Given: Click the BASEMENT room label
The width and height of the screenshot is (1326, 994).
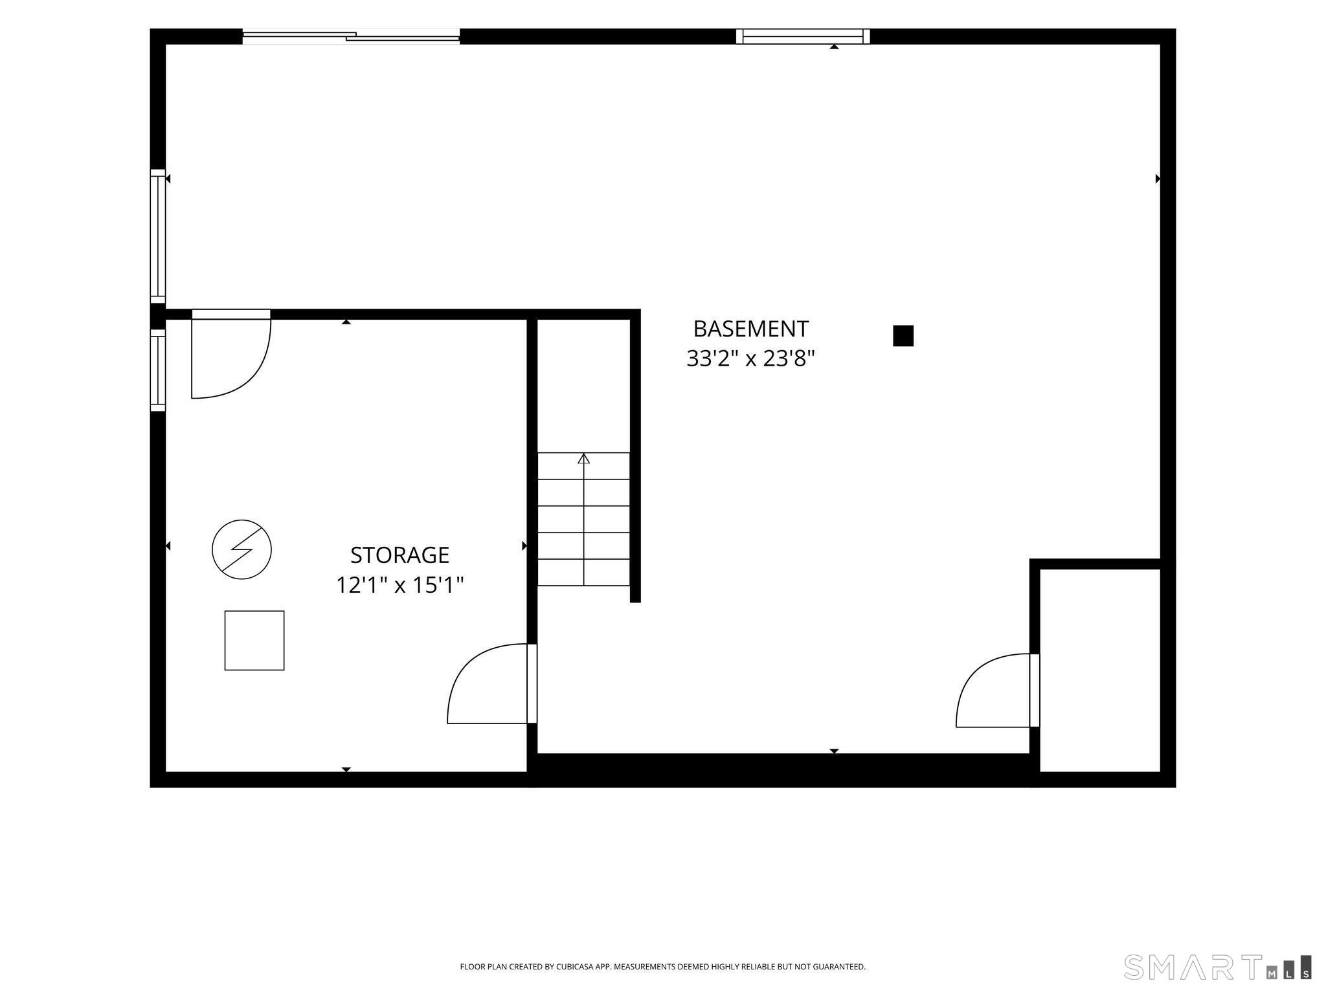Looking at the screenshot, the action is point(750,329).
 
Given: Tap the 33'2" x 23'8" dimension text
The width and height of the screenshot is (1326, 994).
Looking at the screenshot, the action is point(750,358).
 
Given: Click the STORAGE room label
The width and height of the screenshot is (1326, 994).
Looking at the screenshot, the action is point(399,555).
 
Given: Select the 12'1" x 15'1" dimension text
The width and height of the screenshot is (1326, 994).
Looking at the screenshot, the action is point(399,586).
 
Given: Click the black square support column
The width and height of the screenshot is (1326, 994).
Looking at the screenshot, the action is point(903,336).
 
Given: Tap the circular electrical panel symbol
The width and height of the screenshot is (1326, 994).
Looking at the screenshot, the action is point(242,549).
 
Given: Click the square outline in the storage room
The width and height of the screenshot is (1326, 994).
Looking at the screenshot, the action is point(254,640).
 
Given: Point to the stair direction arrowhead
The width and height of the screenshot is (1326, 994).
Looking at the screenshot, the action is point(584,458).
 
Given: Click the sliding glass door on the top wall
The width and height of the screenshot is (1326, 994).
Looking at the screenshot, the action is point(351,36).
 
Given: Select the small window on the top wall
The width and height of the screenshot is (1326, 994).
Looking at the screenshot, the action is point(803,36).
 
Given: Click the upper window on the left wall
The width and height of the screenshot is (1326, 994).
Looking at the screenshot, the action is point(158,236).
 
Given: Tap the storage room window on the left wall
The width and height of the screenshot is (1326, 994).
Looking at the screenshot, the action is point(158,370).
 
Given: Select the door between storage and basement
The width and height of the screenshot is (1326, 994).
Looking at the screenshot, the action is point(491,683).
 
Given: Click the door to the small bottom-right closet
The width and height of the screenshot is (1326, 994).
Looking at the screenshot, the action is point(998,690).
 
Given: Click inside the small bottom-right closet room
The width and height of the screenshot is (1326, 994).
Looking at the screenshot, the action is point(1099,670).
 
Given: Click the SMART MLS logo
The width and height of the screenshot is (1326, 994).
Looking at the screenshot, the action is point(1218,966).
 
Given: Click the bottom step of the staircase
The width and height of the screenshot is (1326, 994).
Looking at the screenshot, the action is point(584,572).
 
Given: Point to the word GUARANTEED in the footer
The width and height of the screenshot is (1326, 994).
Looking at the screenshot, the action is point(840,967).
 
